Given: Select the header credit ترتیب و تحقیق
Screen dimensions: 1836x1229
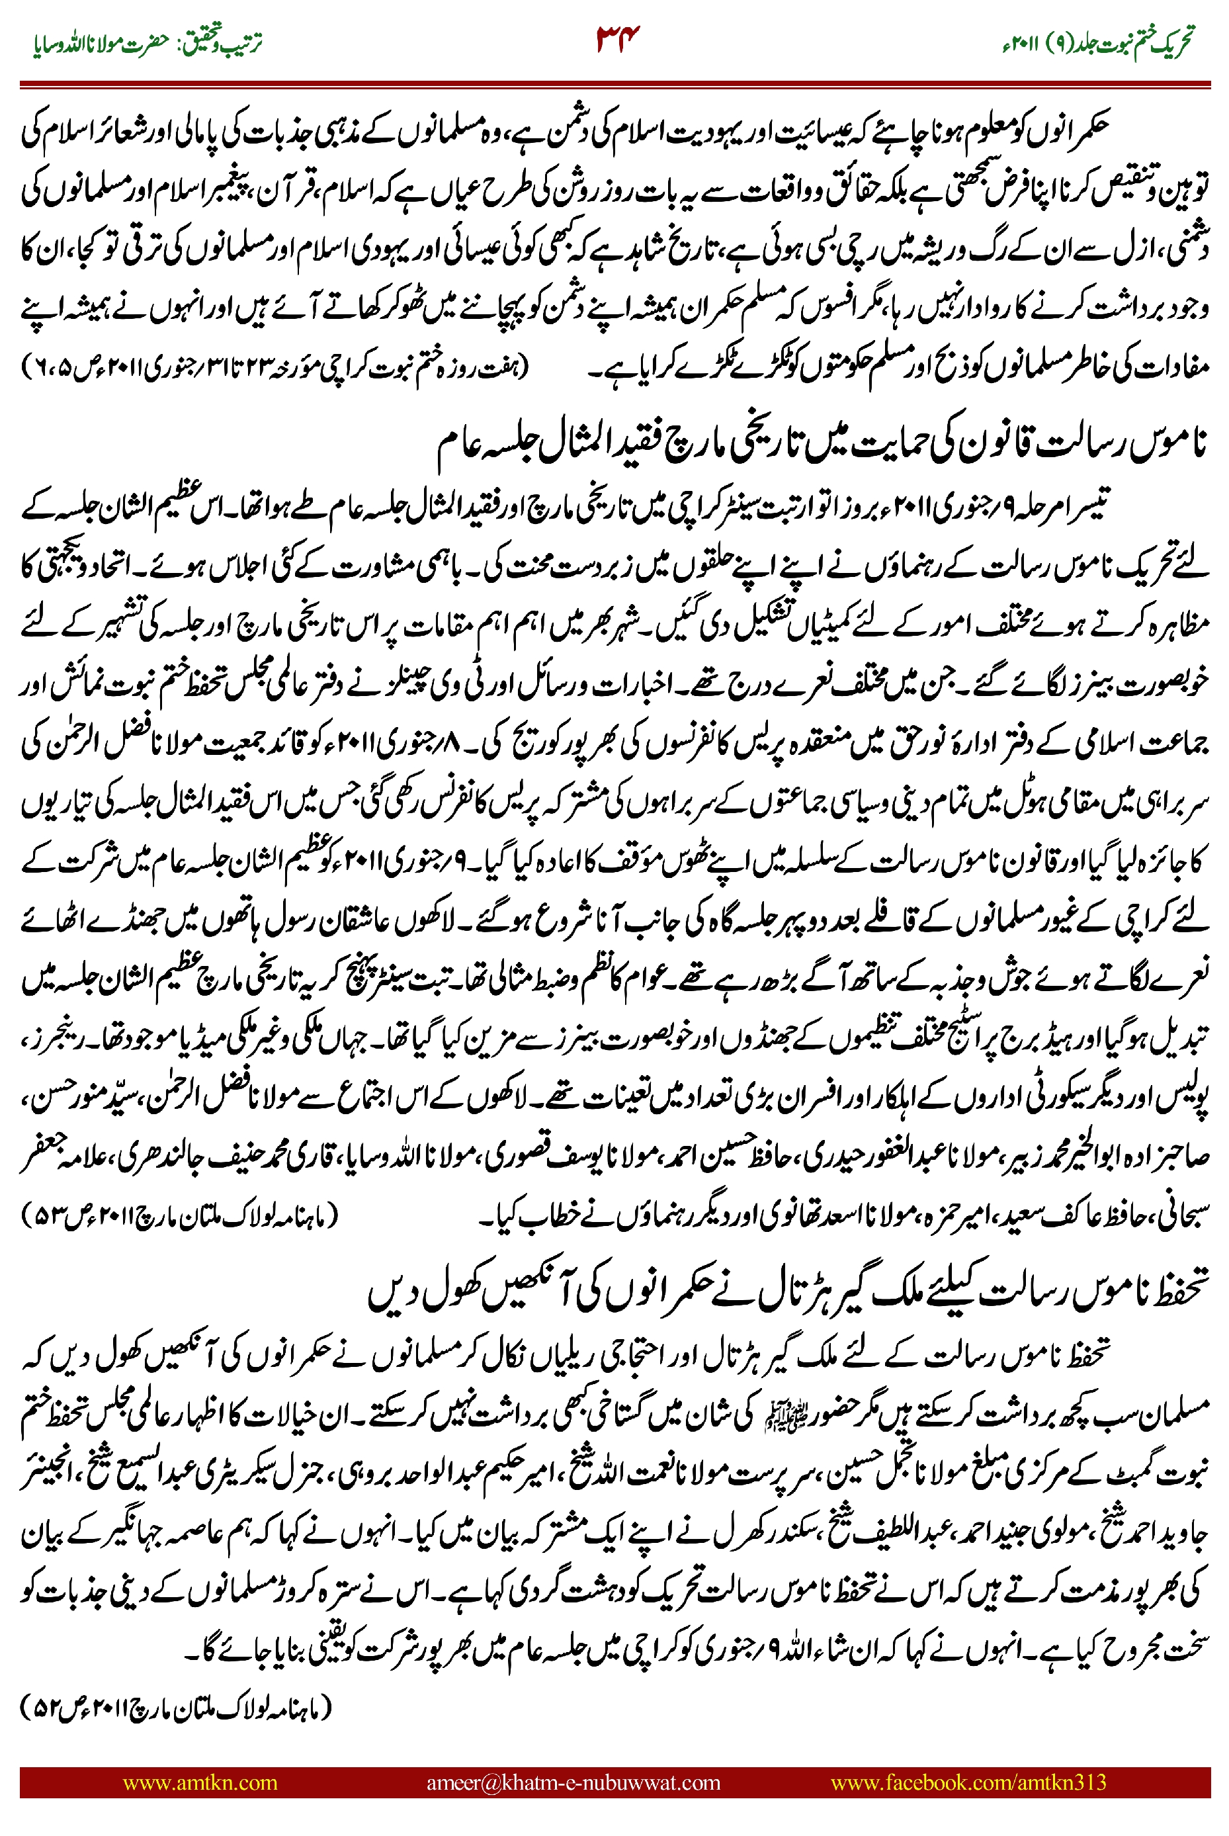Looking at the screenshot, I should click(x=226, y=44).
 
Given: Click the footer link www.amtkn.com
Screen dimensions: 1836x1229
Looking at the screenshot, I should click(x=200, y=1782).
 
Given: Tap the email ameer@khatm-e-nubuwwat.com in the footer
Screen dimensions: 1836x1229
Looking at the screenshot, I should click(x=573, y=1782).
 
